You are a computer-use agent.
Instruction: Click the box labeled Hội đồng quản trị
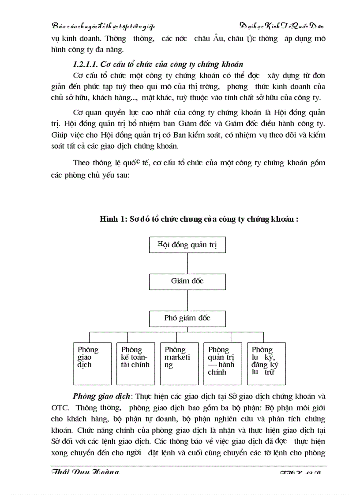pyautogui.click(x=187, y=245)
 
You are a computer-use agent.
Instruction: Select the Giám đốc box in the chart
pyautogui.click(x=187, y=281)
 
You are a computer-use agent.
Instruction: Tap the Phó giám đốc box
pyautogui.click(x=187, y=318)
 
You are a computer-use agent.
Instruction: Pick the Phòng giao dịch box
pyautogui.click(x=92, y=364)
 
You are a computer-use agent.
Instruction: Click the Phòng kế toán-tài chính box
pyautogui.click(x=135, y=364)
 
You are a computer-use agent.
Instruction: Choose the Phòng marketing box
pyautogui.click(x=179, y=364)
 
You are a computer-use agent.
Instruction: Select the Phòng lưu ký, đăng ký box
pyautogui.click(x=266, y=364)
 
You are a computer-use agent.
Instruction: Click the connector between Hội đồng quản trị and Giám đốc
pyautogui.click(x=187, y=263)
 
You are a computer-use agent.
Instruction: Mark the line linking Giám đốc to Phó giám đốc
pyautogui.click(x=187, y=300)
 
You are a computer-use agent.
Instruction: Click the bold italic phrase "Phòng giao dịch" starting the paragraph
pyautogui.click(x=96, y=396)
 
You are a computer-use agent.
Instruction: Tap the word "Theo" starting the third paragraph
pyautogui.click(x=82, y=163)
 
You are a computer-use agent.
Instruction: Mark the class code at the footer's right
pyautogui.click(x=302, y=473)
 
